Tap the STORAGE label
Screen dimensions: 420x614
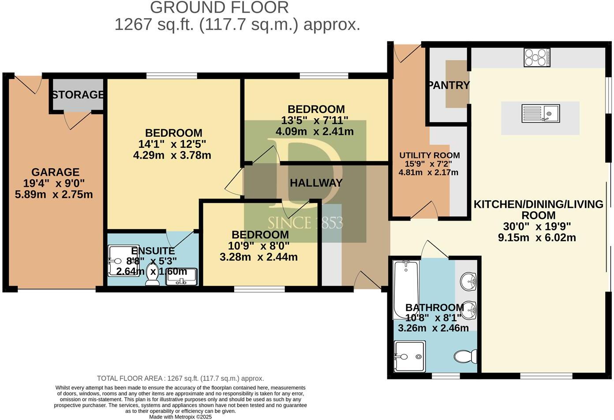78,95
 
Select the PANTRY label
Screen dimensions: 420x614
449,85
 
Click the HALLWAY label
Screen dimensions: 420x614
316,183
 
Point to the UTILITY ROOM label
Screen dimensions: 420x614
429,155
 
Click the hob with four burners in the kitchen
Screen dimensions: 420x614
537,57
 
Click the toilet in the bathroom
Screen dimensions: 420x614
465,356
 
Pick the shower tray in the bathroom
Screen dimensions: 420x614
410,356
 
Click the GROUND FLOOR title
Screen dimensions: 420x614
219,7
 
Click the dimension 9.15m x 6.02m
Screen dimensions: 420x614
537,237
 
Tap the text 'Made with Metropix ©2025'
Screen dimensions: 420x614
180,416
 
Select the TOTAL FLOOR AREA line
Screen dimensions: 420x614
180,379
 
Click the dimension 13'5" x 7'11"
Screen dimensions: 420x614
315,120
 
